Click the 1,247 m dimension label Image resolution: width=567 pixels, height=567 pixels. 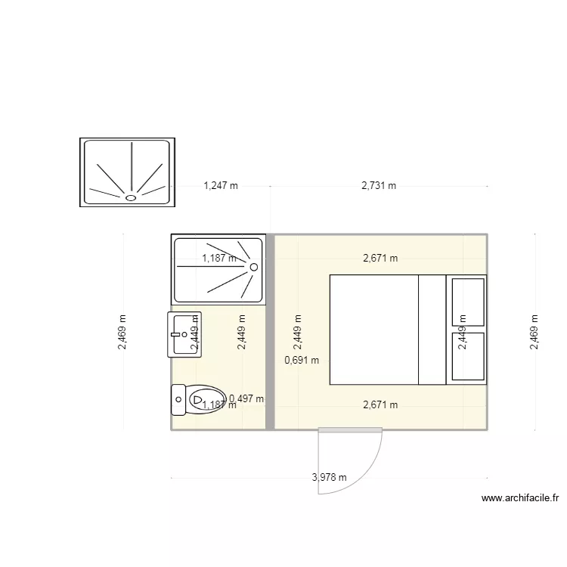click(221, 185)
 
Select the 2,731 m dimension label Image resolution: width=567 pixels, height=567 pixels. click(379, 185)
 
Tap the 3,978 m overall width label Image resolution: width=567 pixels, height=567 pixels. click(330, 477)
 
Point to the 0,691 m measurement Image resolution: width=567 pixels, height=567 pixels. click(302, 360)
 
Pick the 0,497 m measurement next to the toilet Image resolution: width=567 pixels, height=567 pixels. click(246, 398)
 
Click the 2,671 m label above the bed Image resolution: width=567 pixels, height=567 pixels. click(380, 258)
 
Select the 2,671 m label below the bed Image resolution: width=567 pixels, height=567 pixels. click(380, 404)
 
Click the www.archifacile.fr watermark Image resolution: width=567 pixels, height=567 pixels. click(520, 498)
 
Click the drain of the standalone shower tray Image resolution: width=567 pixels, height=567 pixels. click(130, 197)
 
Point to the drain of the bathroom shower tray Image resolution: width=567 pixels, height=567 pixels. click(254, 267)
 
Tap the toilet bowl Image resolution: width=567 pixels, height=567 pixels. click(206, 399)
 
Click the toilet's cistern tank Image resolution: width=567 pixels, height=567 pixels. click(178, 399)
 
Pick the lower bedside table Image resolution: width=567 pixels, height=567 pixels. click(467, 355)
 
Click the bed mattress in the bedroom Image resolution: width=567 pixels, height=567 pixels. click(375, 329)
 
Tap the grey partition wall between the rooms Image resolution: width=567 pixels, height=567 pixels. click(270, 333)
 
